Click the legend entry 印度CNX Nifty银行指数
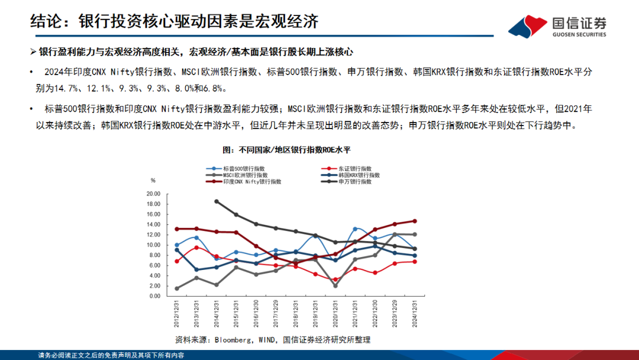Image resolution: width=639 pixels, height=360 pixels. [x=251, y=182]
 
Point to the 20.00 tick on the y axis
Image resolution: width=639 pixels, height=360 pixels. [x=153, y=194]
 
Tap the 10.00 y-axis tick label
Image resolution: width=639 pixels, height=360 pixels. [x=153, y=245]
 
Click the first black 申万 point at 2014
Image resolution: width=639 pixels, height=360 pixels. [x=217, y=201]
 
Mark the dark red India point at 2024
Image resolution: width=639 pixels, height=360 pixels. [x=414, y=221]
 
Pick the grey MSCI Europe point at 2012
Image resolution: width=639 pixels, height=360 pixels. [x=177, y=288]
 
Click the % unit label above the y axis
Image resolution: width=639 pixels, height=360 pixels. [x=153, y=180]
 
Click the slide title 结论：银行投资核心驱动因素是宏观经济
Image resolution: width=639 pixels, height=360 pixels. [x=175, y=21]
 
